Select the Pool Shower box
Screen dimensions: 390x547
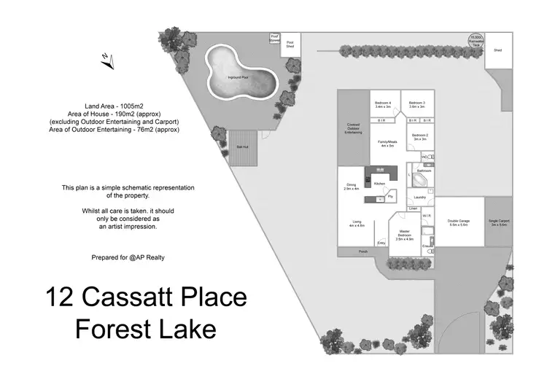[275, 39]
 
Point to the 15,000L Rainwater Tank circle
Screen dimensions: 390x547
[476, 39]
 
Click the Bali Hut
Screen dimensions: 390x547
[242, 148]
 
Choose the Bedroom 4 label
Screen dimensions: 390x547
[383, 104]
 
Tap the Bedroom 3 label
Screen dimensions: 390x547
[418, 104]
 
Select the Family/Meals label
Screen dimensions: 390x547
[387, 144]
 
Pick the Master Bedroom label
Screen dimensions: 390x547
[405, 235]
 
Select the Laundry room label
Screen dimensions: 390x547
[419, 198]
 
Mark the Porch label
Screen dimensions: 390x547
[362, 251]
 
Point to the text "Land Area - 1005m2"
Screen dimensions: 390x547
[113, 106]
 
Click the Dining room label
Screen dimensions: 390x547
[352, 186]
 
